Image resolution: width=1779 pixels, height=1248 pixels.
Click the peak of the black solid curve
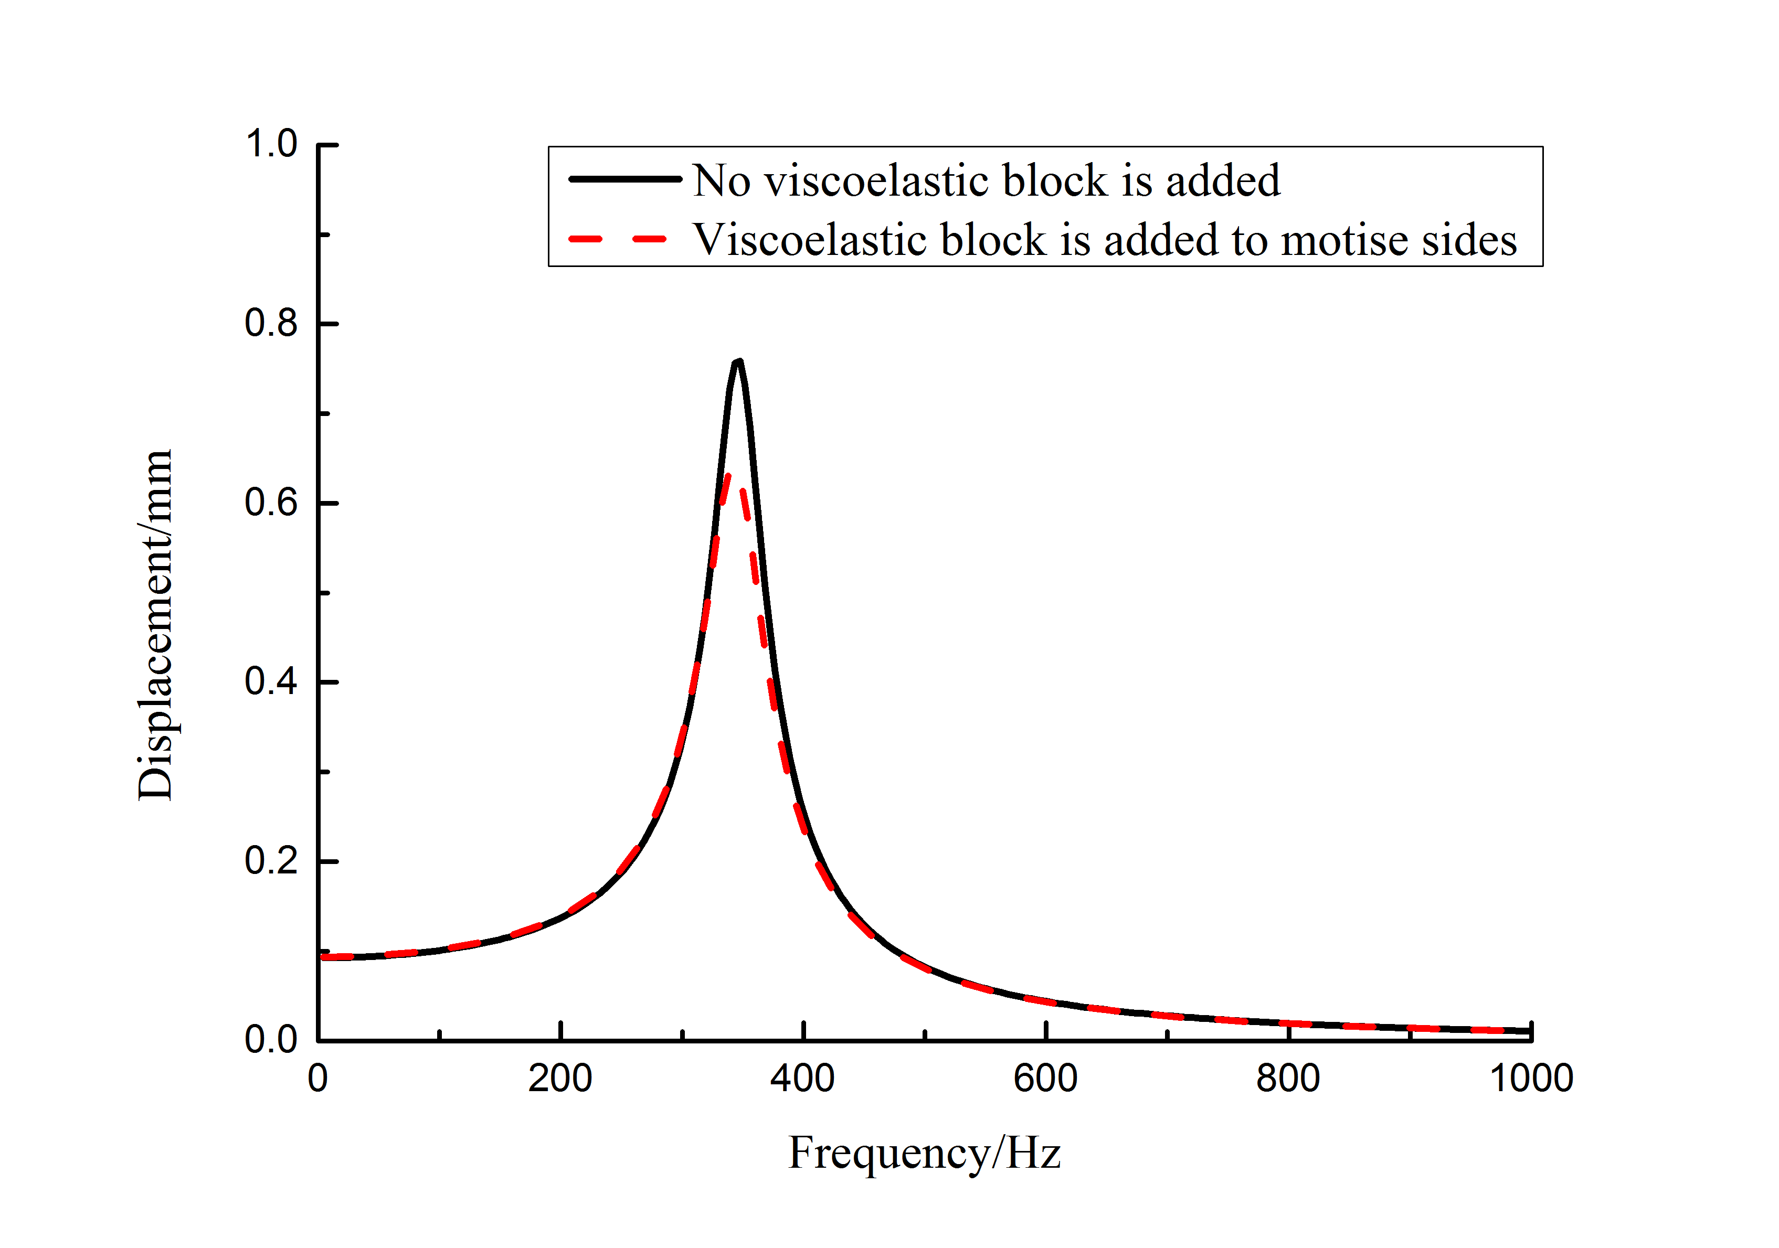click(738, 362)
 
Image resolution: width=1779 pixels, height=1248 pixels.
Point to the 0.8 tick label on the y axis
click(271, 323)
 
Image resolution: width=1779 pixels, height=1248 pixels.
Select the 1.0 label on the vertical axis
click(271, 144)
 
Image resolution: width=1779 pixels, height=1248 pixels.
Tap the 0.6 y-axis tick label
click(271, 503)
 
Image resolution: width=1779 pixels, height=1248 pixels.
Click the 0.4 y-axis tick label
click(271, 682)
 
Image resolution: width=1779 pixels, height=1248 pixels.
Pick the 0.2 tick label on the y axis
click(271, 861)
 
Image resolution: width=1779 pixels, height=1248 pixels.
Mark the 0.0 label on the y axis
click(271, 1040)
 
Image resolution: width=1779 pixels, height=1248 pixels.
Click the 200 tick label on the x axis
click(560, 1079)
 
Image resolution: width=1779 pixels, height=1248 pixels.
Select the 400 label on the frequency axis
click(803, 1079)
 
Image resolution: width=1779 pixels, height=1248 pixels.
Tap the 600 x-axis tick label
click(1045, 1079)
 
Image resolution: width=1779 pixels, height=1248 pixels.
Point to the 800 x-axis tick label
click(1288, 1079)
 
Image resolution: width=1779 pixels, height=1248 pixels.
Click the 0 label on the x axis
click(317, 1079)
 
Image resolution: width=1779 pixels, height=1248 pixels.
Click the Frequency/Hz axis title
click(924, 1154)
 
